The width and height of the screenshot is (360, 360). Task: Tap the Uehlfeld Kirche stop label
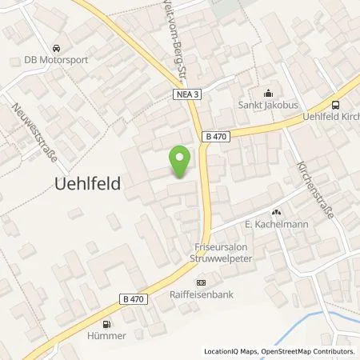[x=328, y=118]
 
